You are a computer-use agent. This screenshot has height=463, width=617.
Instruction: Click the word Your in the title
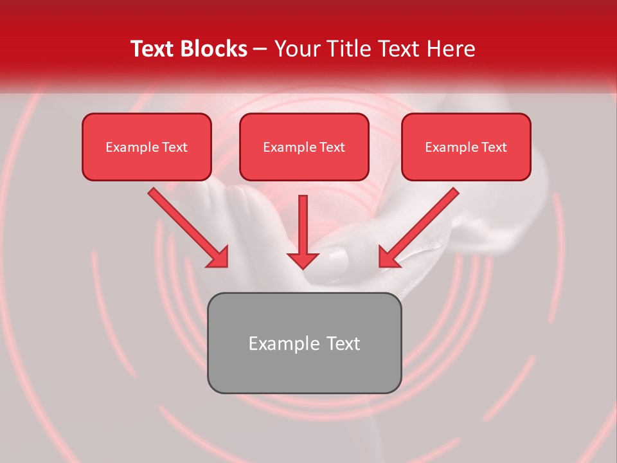(x=299, y=49)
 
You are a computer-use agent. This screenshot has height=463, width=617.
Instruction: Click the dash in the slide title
(x=260, y=49)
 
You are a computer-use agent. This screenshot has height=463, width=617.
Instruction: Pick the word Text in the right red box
(x=494, y=147)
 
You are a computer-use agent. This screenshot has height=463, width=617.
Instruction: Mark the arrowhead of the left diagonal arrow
(x=219, y=257)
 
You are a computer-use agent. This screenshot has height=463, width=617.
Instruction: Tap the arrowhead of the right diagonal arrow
(x=388, y=257)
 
